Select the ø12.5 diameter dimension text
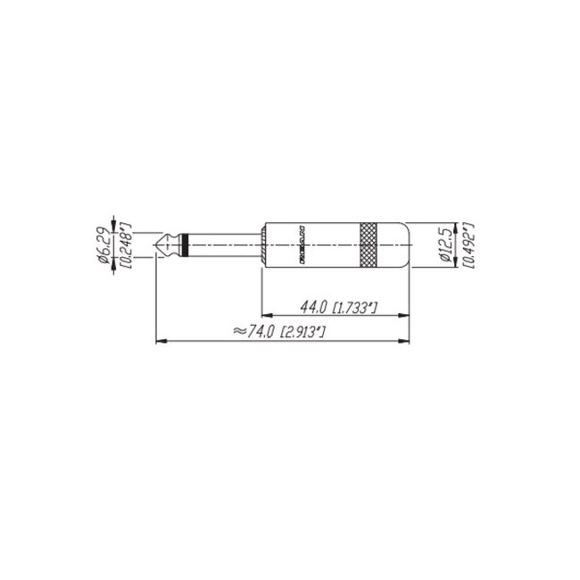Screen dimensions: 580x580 [447, 243]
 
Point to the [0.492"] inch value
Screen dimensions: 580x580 [467, 243]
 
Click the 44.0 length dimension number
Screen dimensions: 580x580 [313, 308]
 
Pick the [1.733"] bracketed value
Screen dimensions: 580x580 [355, 309]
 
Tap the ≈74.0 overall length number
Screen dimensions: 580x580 [253, 331]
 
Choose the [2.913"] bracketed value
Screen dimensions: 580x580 [302, 332]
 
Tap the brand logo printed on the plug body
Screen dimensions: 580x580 [302, 243]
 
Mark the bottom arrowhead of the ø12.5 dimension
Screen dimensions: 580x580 [456, 261]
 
